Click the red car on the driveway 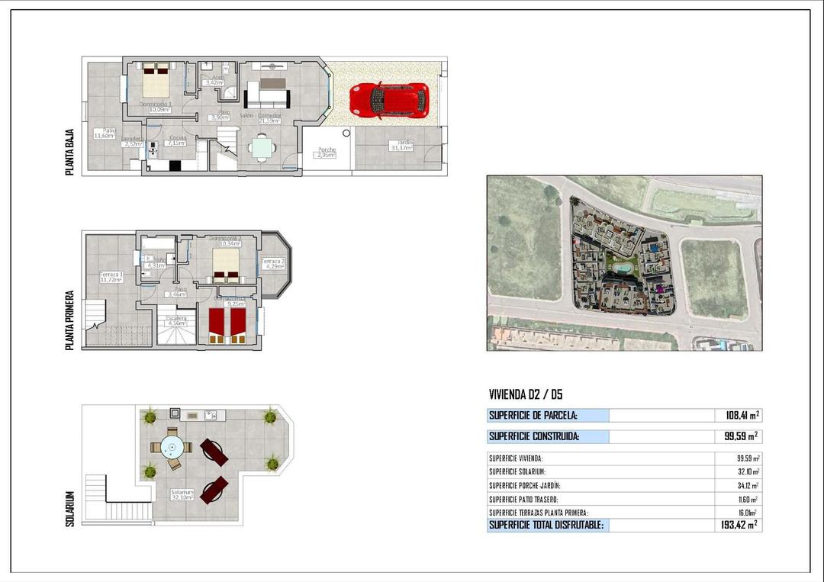[389, 100]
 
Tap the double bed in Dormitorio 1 [156, 80]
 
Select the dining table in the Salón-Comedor [262, 146]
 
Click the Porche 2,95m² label [327, 153]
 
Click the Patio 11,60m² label [105, 133]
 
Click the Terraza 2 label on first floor [273, 264]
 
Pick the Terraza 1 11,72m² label [111, 277]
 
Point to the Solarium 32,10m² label [182, 495]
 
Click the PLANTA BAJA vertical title [69, 153]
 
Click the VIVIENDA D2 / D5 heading [526, 394]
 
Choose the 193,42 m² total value [736, 526]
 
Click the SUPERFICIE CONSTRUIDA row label [534, 437]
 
